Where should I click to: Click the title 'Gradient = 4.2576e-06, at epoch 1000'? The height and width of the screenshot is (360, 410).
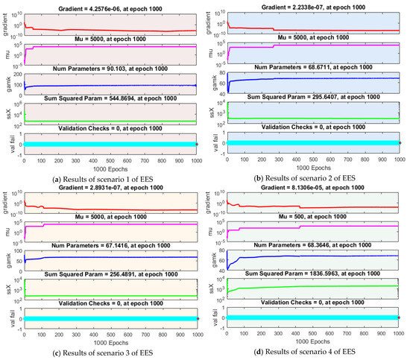pos(110,5)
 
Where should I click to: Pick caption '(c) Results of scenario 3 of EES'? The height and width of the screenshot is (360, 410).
pos(100,350)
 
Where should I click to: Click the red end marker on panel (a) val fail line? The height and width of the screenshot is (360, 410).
pos(198,143)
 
